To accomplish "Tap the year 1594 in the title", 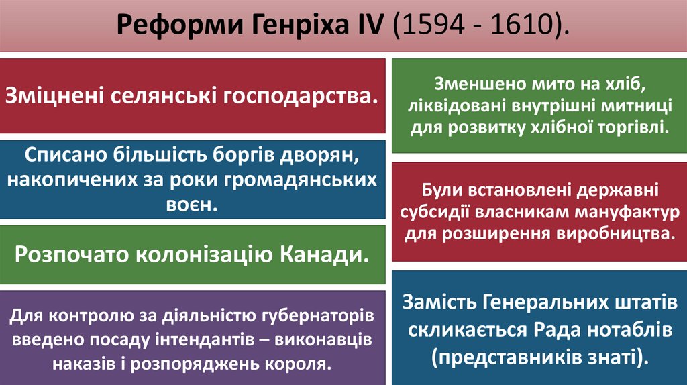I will [x=421, y=27].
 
